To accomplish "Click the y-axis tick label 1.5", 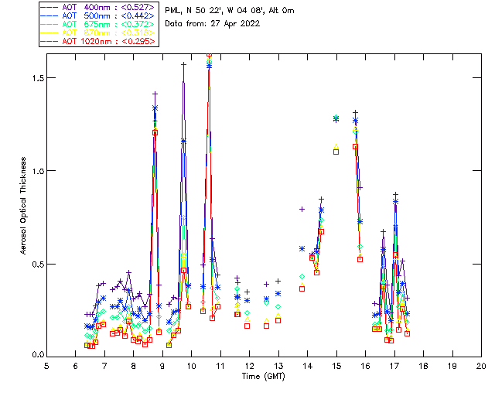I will click(37, 78).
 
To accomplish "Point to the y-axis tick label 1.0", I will click(37, 171).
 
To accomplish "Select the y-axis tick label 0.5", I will click(37, 264).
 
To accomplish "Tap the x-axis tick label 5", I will click(46, 366).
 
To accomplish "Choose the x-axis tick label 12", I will click(249, 366).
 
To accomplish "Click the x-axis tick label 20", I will click(481, 366).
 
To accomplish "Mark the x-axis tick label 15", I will click(336, 366).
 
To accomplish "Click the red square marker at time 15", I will click(336, 152).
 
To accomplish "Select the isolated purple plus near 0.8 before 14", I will click(302, 209).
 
